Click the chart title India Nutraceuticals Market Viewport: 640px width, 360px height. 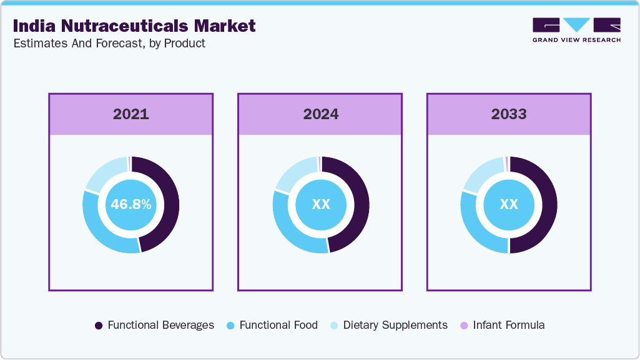(134, 26)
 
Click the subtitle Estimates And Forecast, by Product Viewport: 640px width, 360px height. (109, 44)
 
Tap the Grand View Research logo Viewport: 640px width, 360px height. (576, 30)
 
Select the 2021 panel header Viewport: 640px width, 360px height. (131, 114)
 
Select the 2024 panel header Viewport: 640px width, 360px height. (320, 114)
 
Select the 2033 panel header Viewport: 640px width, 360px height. (509, 114)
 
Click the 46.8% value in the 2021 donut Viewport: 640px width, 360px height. (131, 205)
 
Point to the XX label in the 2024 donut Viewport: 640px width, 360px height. (320, 205)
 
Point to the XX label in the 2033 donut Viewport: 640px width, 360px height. (509, 205)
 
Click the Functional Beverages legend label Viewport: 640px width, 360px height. (160, 325)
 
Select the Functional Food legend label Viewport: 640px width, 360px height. (278, 325)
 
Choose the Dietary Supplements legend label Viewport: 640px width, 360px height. (395, 325)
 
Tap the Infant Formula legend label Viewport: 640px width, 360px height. (509, 325)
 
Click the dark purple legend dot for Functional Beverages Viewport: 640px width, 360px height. (99, 326)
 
